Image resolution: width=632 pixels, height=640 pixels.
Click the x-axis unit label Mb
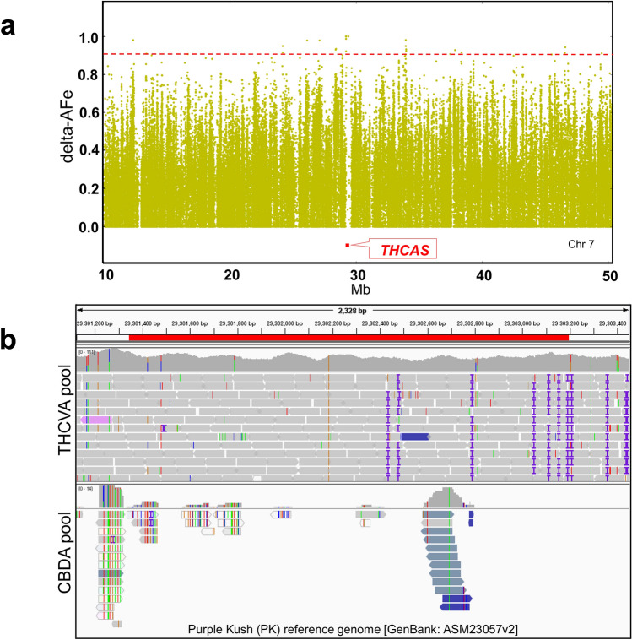358,292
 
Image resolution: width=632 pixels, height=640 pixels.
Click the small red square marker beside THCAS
347,246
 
